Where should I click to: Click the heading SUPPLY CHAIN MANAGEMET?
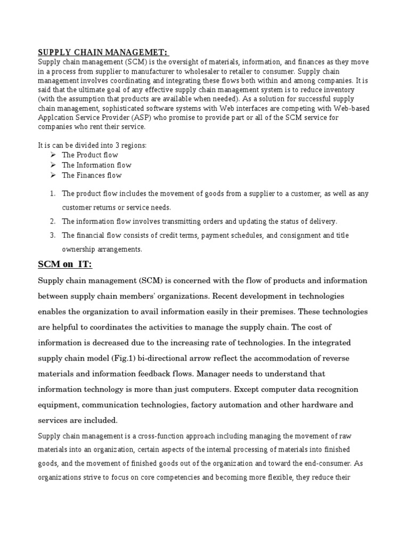point(102,52)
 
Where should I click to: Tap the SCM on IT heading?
point(64,264)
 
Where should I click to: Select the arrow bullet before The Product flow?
point(53,155)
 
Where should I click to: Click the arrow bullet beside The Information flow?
point(53,165)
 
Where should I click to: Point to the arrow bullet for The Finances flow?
point(53,175)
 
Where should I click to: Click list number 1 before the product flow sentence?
point(52,194)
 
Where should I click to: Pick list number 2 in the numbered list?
point(52,221)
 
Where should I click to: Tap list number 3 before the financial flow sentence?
point(52,235)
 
